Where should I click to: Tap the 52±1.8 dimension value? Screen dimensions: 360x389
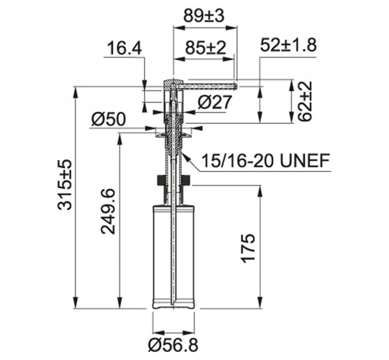(x=288, y=46)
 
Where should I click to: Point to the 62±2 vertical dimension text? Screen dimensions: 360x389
(x=305, y=101)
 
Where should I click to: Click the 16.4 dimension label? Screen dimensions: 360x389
(x=122, y=49)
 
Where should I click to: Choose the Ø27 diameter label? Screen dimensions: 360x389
(x=214, y=102)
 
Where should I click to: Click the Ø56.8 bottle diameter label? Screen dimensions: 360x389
(x=174, y=345)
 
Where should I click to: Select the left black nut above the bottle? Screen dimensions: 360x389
(x=160, y=182)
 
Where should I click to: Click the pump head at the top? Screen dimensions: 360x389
(x=171, y=85)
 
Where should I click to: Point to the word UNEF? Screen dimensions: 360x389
(x=307, y=162)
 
